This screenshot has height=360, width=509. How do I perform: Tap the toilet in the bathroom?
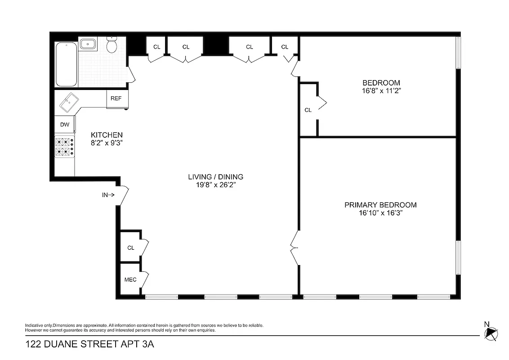(x=112, y=45)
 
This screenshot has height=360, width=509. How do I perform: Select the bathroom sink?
(x=88, y=44)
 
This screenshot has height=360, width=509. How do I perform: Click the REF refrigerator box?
(x=116, y=98)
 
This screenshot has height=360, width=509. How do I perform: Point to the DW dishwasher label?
(x=65, y=125)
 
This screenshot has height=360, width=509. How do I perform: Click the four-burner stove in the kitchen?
(x=65, y=147)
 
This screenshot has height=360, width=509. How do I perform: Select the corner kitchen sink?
(x=69, y=103)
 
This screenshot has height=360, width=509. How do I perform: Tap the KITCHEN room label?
(x=107, y=135)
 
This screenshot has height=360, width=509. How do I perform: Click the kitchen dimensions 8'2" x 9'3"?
(x=107, y=143)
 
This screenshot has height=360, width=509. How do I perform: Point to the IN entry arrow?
(x=108, y=195)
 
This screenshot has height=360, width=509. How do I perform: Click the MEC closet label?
(x=130, y=280)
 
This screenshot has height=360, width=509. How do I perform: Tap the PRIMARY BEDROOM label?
(x=380, y=205)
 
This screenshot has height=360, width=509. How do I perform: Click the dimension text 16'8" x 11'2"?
(x=381, y=90)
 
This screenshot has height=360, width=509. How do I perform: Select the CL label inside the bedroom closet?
(x=308, y=110)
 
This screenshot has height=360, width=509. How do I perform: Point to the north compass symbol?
(x=491, y=333)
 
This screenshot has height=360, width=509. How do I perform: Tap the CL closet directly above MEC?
(x=131, y=247)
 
